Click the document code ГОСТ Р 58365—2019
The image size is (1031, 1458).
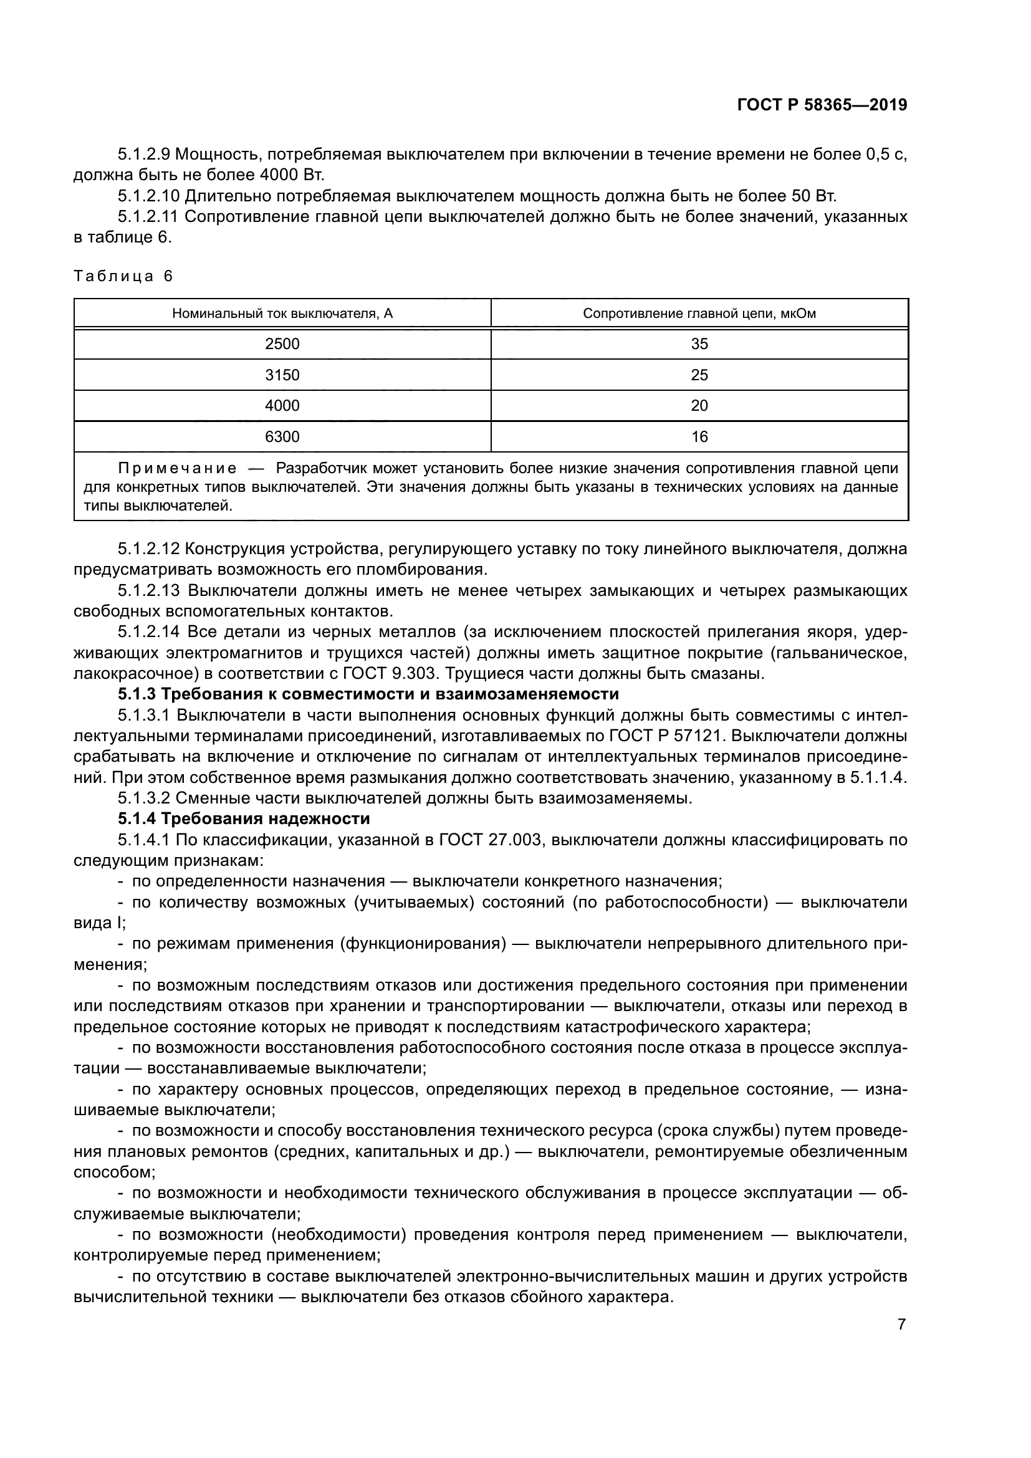click(822, 105)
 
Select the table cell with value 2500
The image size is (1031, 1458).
click(282, 344)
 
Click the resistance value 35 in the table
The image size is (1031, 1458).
click(699, 344)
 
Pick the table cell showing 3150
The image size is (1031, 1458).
click(282, 375)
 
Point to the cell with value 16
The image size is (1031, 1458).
click(699, 437)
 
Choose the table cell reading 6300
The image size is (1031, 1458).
click(282, 437)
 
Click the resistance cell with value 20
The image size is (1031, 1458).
click(699, 406)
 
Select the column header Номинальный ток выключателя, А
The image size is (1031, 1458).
click(282, 314)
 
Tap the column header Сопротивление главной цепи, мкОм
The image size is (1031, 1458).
click(699, 314)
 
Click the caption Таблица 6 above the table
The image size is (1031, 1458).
click(123, 276)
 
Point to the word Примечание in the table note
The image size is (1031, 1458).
click(177, 469)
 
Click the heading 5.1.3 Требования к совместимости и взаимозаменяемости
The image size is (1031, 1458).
click(368, 693)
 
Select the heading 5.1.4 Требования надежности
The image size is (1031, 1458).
click(244, 818)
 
